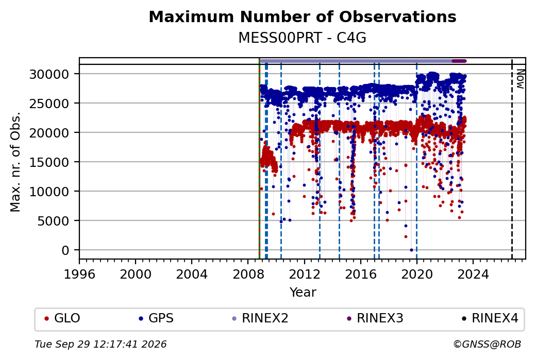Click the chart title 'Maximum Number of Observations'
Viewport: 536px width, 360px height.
[x=303, y=16]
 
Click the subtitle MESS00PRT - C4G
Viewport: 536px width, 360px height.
[x=302, y=38]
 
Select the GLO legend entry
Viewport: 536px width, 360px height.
[x=62, y=318]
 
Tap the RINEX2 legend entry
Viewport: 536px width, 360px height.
[x=260, y=318]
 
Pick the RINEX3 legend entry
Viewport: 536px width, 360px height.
[x=375, y=318]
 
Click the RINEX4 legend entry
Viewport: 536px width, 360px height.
[x=490, y=318]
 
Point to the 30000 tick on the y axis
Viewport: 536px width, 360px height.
[x=49, y=74]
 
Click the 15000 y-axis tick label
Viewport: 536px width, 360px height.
[x=49, y=162]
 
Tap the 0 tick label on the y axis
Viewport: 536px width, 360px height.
[x=65, y=250]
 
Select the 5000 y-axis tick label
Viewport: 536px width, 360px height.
[x=53, y=221]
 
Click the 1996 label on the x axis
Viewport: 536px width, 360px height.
[x=79, y=274]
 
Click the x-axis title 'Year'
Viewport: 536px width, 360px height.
[x=303, y=293]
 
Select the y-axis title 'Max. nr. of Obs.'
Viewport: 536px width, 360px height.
[x=15, y=162]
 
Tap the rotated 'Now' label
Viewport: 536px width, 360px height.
[x=520, y=79]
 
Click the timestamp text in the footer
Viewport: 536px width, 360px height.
[x=100, y=344]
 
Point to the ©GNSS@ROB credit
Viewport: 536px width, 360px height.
[x=487, y=344]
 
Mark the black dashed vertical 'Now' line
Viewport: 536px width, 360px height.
[x=512, y=159]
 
